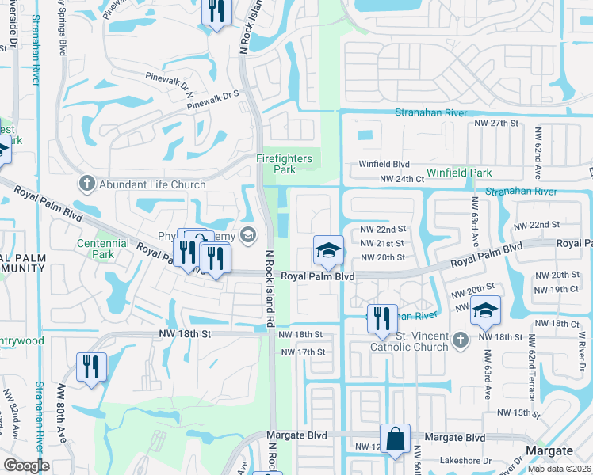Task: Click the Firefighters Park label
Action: click(x=284, y=164)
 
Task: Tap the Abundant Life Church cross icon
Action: click(x=86, y=184)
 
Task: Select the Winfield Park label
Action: click(x=459, y=173)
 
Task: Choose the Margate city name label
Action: click(x=549, y=450)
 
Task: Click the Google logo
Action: click(x=26, y=465)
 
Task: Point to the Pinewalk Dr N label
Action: click(x=170, y=79)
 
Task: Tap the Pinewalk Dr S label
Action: click(x=212, y=99)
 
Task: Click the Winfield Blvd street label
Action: click(x=384, y=165)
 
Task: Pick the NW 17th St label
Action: click(x=303, y=351)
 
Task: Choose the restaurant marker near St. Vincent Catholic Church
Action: click(x=382, y=318)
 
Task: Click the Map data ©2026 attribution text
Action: click(x=558, y=469)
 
